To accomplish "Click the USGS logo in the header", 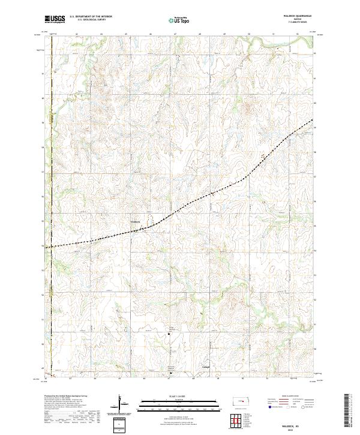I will click(55, 20).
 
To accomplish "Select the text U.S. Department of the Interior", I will click(88, 17).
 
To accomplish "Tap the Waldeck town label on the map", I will click(135, 221).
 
